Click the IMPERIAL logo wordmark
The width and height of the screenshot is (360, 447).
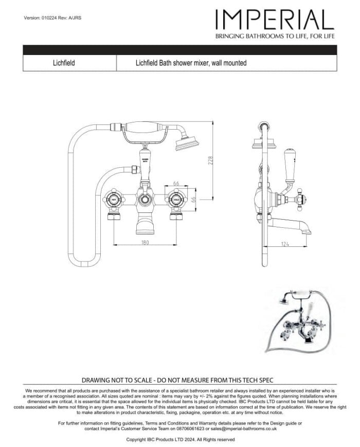pyautogui.click(x=275, y=19)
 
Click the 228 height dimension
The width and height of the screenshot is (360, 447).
pyautogui.click(x=210, y=160)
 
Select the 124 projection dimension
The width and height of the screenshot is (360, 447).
pyautogui.click(x=285, y=243)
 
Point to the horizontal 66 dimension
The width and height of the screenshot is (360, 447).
pyautogui.click(x=176, y=183)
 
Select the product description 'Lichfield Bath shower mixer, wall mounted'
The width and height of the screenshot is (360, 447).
pyautogui.click(x=191, y=63)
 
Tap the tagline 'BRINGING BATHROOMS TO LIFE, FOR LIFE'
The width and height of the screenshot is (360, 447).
pyautogui.click(x=275, y=37)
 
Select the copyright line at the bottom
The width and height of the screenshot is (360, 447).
pyautogui.click(x=180, y=439)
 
